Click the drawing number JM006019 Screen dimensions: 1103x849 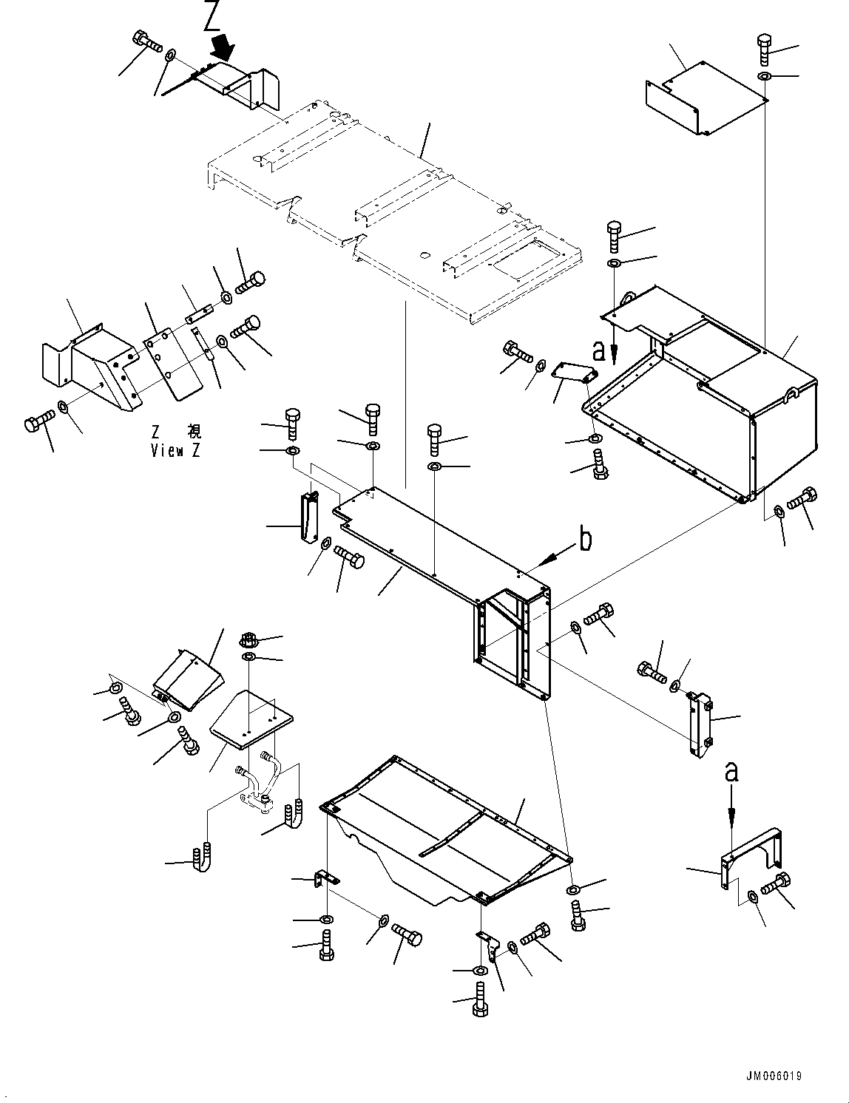(769, 1076)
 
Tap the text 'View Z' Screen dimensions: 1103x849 (175, 450)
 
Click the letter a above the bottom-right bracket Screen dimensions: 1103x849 (731, 773)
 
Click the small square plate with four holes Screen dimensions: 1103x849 (251, 716)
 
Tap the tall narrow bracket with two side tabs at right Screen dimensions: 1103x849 (699, 724)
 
